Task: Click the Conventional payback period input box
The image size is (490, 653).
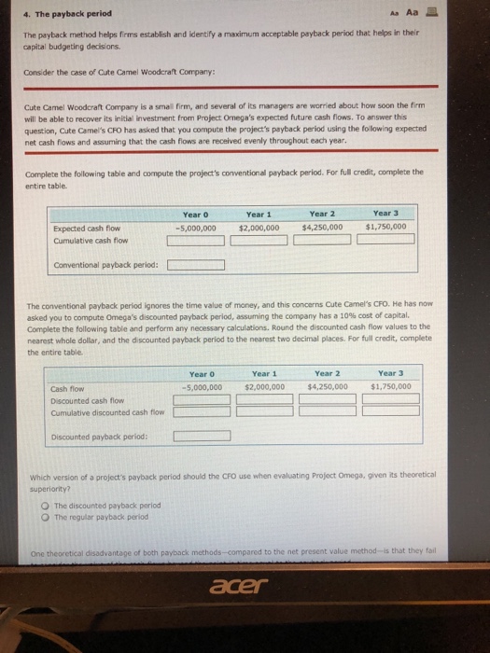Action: click(196, 264)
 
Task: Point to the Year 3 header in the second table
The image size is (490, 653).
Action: click(387, 373)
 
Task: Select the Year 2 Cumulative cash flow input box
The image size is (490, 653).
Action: click(323, 241)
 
